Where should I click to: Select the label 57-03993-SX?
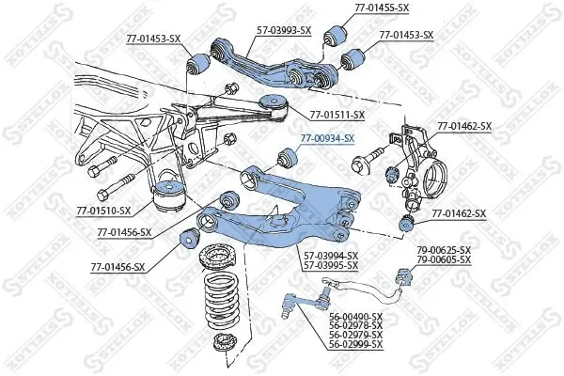click(284, 30)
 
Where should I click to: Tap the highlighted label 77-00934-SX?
click(327, 138)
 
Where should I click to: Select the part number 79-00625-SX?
click(444, 249)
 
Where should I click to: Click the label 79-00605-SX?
click(444, 258)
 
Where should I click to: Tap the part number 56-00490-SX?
click(356, 316)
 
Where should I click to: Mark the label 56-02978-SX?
click(356, 325)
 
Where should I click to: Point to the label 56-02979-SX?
click(356, 335)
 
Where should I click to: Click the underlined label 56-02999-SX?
click(356, 345)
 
